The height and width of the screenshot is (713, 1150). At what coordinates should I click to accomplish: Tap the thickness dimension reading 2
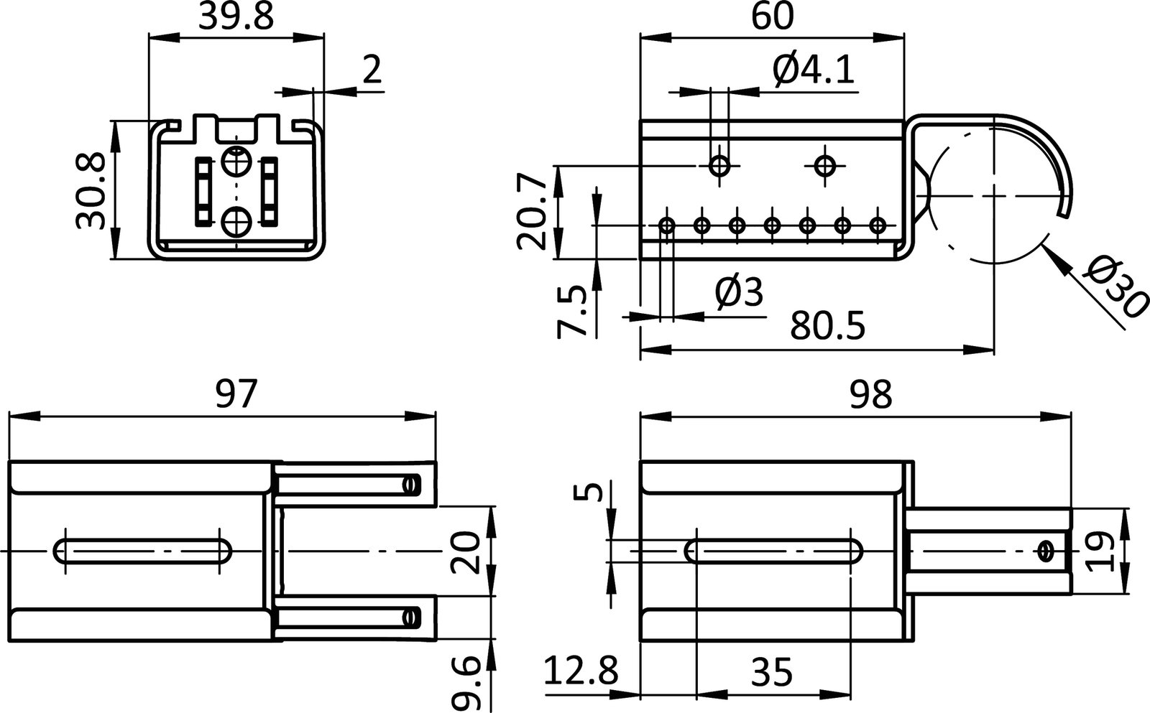[371, 70]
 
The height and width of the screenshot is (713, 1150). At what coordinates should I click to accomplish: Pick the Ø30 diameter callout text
[1114, 287]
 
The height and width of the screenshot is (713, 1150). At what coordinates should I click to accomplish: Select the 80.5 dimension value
[828, 327]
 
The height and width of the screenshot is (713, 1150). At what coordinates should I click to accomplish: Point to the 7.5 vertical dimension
[573, 310]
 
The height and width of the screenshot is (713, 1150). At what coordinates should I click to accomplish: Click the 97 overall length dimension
[236, 394]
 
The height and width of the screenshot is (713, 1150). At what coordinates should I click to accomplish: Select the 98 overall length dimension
[870, 394]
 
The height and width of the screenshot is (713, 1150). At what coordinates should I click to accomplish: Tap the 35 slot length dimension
[772, 674]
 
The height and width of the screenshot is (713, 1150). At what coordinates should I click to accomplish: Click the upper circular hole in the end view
[234, 161]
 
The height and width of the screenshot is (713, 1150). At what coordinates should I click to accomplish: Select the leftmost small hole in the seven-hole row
[667, 225]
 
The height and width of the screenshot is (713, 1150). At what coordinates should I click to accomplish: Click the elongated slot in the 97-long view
[143, 551]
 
